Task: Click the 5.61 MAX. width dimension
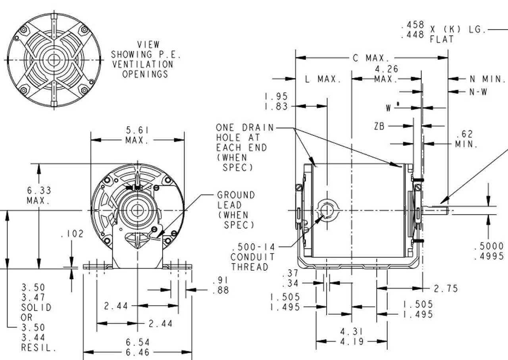point(137,135)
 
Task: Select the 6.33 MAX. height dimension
point(39,195)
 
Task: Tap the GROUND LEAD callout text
point(236,210)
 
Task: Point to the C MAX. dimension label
point(371,58)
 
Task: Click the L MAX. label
point(323,79)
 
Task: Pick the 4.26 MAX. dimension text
point(387,74)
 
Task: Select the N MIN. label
point(488,79)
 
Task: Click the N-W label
point(478,92)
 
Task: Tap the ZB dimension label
point(379,126)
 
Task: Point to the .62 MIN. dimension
point(466,139)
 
